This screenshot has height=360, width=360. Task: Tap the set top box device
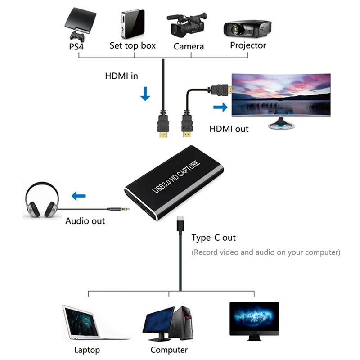pyautogui.click(x=132, y=24)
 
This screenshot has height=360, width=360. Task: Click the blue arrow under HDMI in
pyautogui.click(x=145, y=94)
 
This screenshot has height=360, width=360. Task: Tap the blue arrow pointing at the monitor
pyautogui.click(x=220, y=107)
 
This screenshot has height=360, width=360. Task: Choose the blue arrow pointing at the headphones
pyautogui.click(x=79, y=196)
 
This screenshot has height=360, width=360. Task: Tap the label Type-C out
pyautogui.click(x=213, y=238)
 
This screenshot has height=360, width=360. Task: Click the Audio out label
pyautogui.click(x=85, y=221)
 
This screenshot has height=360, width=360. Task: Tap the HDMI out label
pyautogui.click(x=229, y=129)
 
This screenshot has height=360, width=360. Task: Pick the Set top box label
pyautogui.click(x=133, y=45)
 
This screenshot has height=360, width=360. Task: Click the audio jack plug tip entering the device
pyautogui.click(x=126, y=208)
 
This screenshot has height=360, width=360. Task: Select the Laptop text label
pyautogui.click(x=87, y=350)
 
